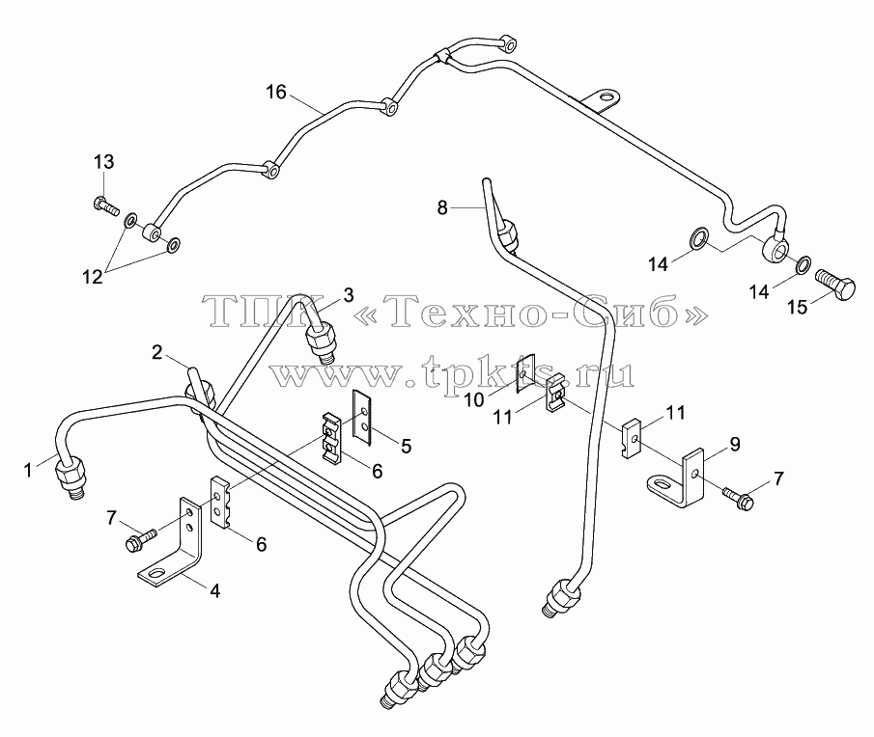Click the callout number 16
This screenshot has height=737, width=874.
pos(276,93)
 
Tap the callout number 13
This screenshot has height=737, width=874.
pos(103,162)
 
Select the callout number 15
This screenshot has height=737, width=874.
pos(798,308)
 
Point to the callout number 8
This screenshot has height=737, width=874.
pos(442,208)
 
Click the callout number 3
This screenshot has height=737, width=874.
pos(349,295)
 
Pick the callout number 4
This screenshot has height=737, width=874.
pos(214,590)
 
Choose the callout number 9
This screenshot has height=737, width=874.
pos(735,444)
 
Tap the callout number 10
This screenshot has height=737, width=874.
pos(475,399)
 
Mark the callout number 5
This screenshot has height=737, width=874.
pos(406,446)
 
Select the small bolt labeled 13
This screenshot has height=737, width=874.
pos(106,206)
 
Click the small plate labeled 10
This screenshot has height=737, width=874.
pos(525,374)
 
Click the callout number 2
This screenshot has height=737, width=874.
pos(157,352)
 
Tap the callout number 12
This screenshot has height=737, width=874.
pos(93,277)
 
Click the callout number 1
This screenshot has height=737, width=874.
pos(28,471)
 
